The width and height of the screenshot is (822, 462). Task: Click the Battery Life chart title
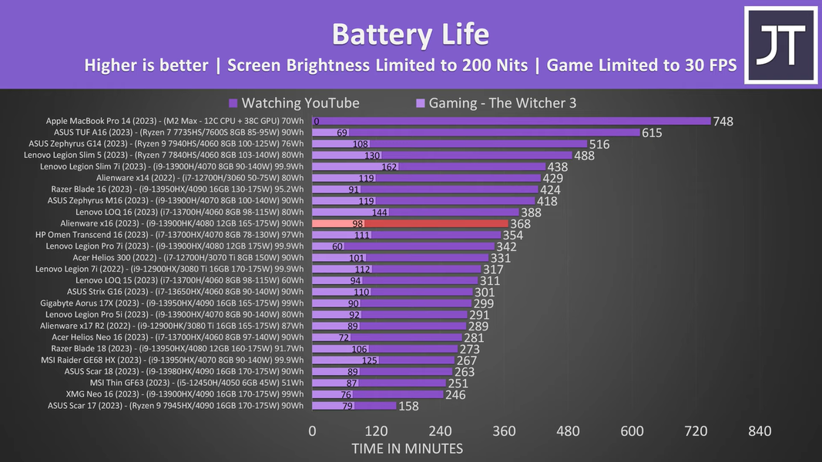pyautogui.click(x=411, y=35)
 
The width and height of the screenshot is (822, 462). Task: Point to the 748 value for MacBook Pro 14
pyautogui.click(x=723, y=122)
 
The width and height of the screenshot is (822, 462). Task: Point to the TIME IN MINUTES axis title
pyautogui.click(x=408, y=448)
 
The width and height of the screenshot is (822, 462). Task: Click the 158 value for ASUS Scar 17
pyautogui.click(x=409, y=406)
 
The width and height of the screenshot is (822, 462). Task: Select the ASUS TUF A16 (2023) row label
pyautogui.click(x=177, y=132)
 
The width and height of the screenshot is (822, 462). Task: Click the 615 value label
pyautogui.click(x=652, y=132)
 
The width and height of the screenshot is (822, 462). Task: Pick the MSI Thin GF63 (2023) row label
pyautogui.click(x=196, y=383)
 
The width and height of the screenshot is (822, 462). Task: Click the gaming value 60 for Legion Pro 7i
pyautogui.click(x=337, y=246)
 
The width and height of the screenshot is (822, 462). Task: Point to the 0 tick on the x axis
pyautogui.click(x=312, y=431)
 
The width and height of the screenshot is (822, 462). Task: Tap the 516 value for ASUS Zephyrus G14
pyautogui.click(x=599, y=144)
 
